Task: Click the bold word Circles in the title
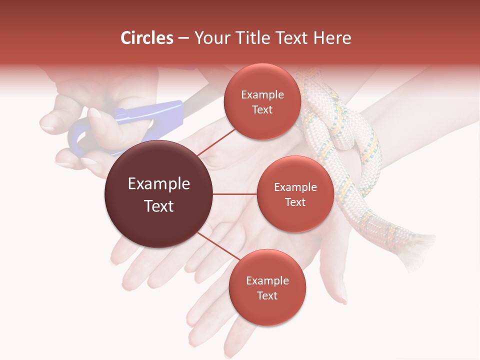(146, 38)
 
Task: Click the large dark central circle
(158, 194)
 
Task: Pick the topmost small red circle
(262, 101)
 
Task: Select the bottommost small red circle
(267, 287)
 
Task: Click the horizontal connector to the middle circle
(234, 194)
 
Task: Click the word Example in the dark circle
(158, 184)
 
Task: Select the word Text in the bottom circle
(267, 295)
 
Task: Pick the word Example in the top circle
(262, 94)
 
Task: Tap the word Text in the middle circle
(295, 202)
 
